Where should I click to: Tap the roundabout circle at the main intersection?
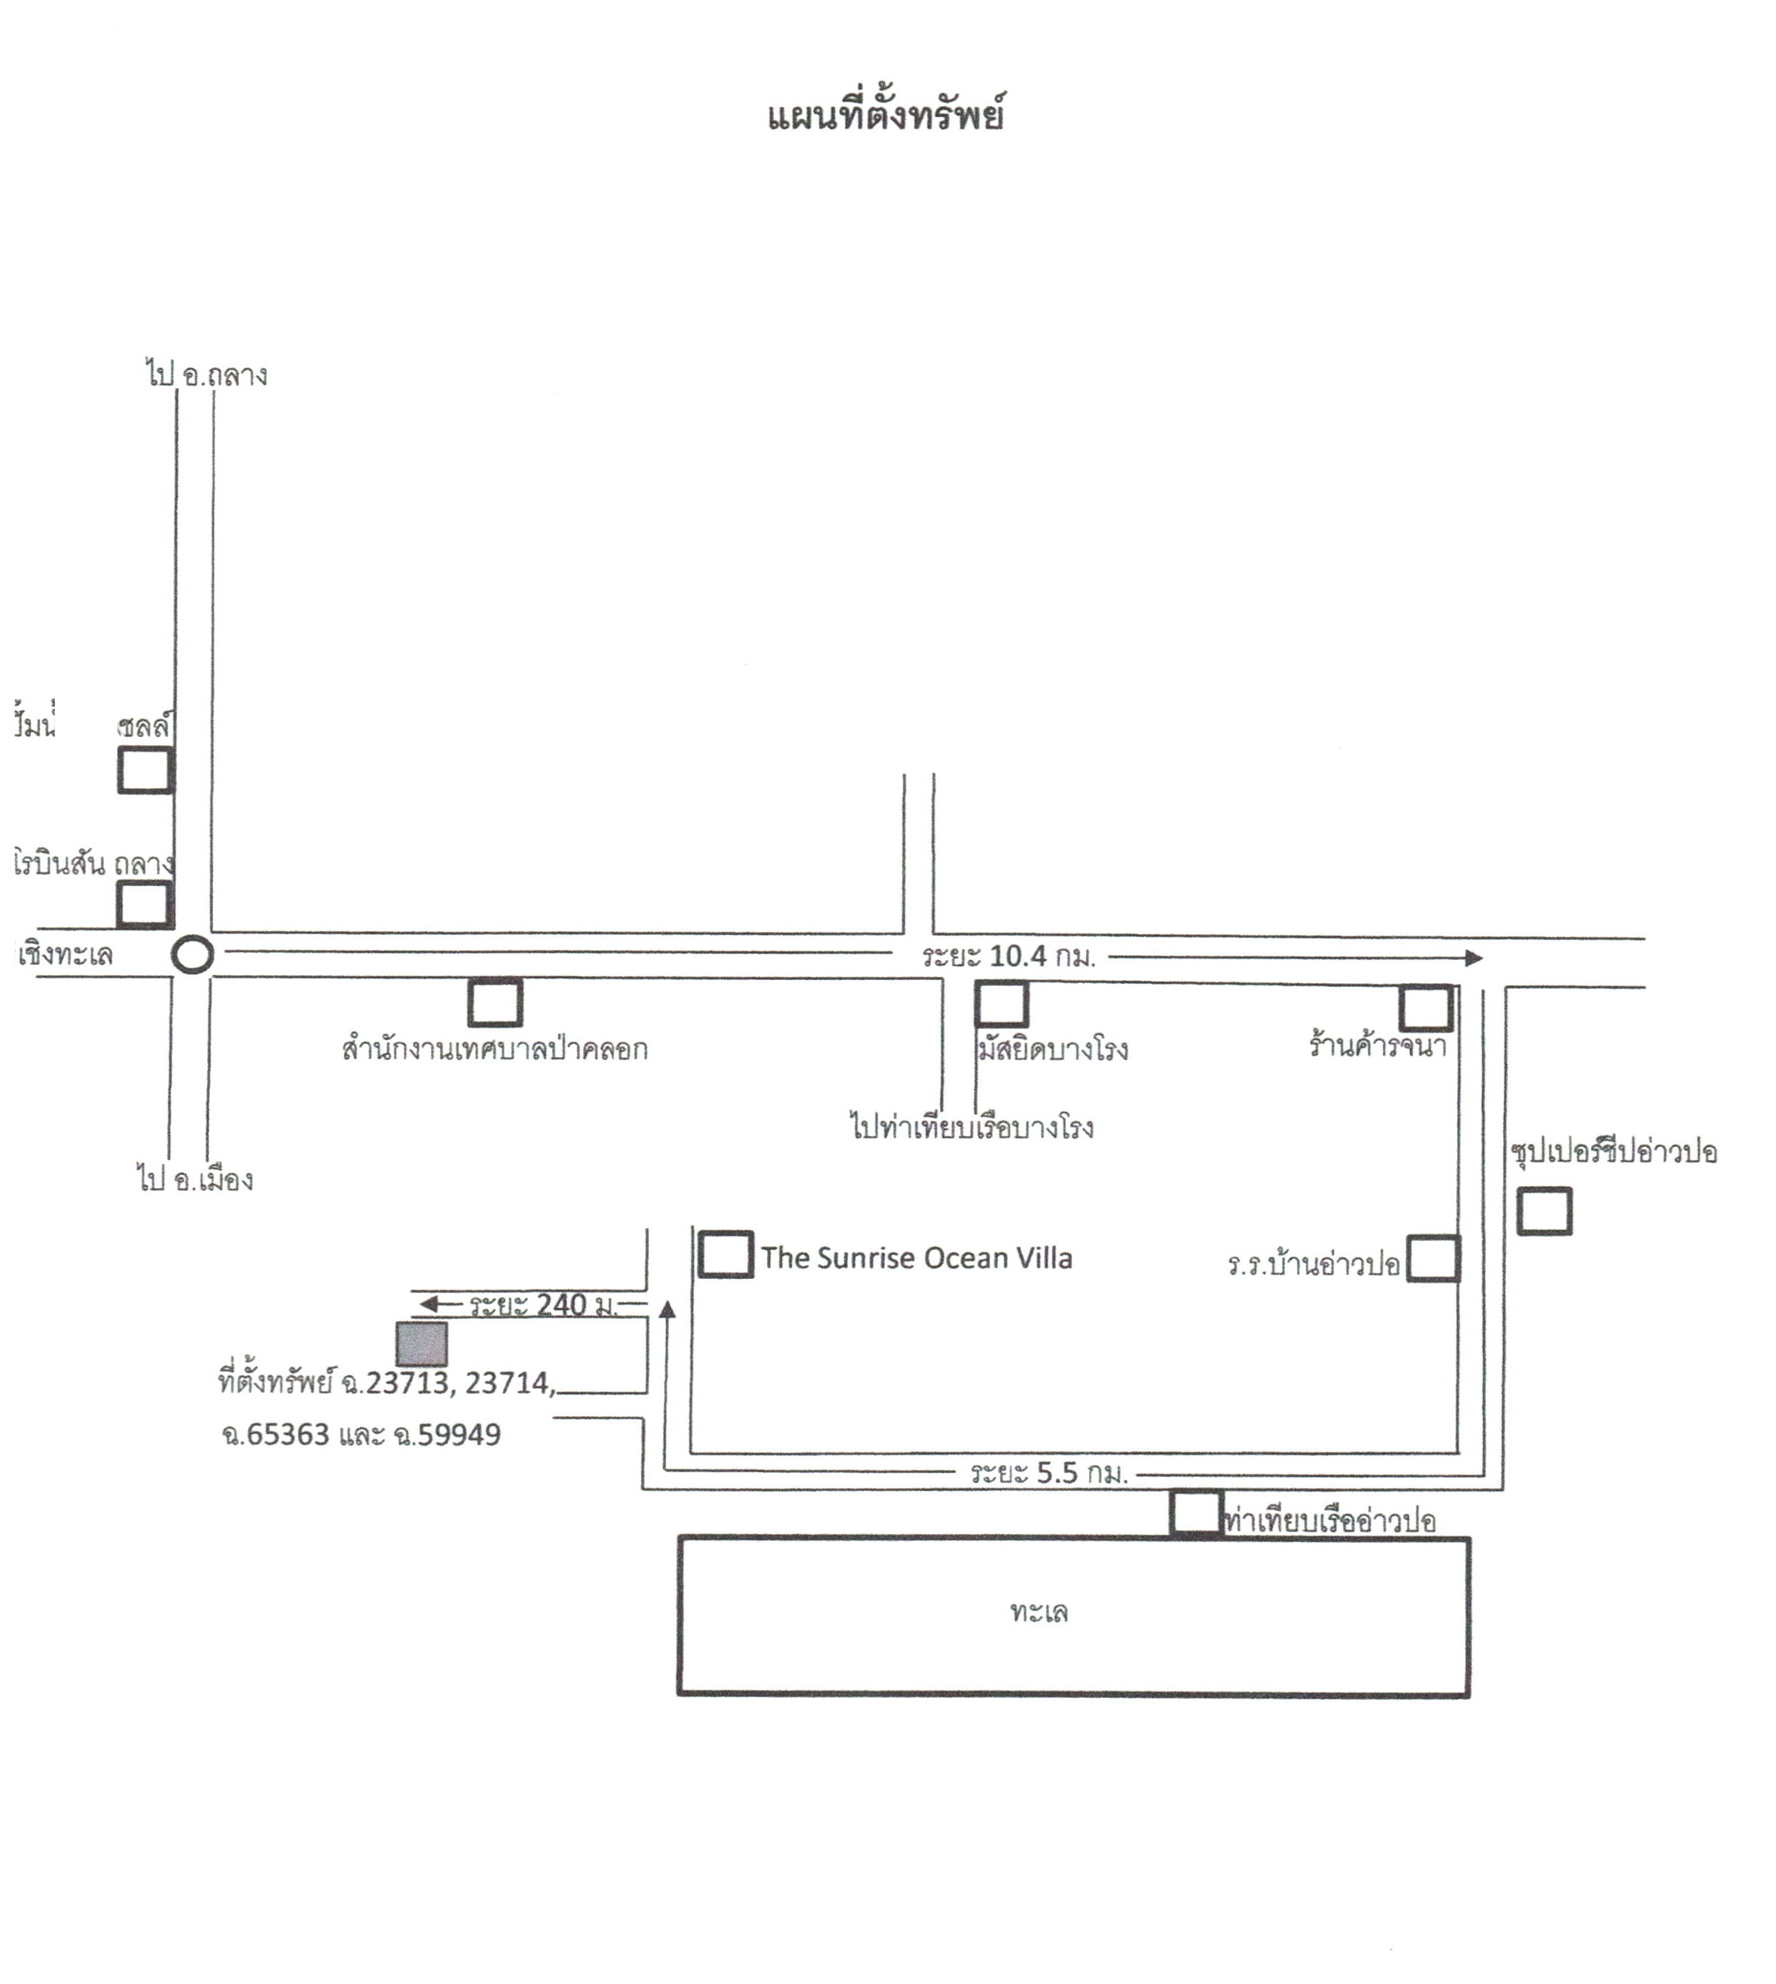pos(192,956)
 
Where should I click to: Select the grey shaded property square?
pos(421,1344)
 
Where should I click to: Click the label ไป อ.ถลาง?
pos(207,374)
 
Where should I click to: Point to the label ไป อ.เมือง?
pos(195,1180)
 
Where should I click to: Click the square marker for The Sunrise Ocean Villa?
pos(725,1254)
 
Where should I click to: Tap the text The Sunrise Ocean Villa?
pos(916,1258)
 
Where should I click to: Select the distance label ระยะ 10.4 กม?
pos(1009,957)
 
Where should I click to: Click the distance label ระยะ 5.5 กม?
pos(1049,1473)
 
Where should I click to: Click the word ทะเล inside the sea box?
pos(1039,1611)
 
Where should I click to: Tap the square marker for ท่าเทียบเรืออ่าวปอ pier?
pos(1197,1513)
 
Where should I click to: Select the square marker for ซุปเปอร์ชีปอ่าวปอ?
pos(1544,1211)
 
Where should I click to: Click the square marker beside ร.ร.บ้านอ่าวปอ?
pos(1433,1258)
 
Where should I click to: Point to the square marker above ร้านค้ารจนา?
pos(1426,1008)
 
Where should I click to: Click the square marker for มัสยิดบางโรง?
pos(1002,1005)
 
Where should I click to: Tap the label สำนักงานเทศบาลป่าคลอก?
pos(495,1048)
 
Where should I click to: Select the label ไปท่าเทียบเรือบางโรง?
pos(972,1128)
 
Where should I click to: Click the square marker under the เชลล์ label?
pos(146,770)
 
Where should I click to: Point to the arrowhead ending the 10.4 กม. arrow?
pos(1475,958)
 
